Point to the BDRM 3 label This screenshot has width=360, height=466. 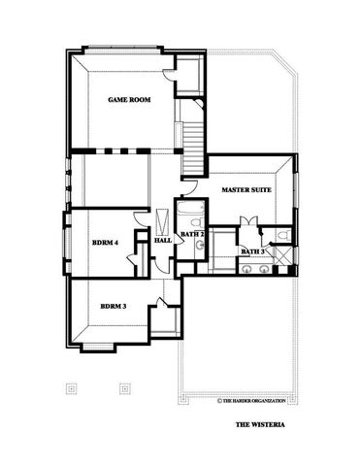[113, 308]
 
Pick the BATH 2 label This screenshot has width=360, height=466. [191, 234]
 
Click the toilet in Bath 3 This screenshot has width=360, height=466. [279, 236]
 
